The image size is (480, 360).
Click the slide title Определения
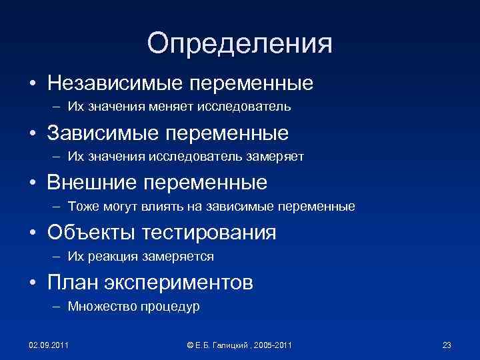[240, 43]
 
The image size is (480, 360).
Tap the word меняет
[193, 107]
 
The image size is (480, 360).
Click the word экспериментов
[177, 282]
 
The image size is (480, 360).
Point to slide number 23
[447, 345]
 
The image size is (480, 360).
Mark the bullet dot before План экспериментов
[31, 283]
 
